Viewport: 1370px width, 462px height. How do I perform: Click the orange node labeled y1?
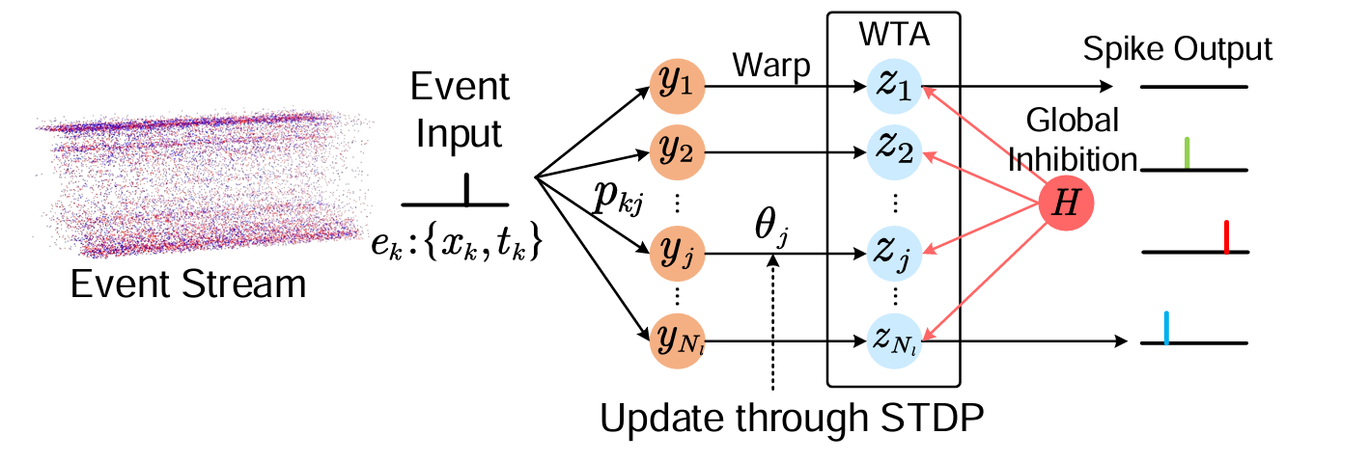point(679,86)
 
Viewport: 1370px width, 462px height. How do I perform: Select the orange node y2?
point(679,152)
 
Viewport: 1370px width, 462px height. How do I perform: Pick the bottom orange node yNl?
point(679,340)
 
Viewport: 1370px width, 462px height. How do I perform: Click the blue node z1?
point(893,86)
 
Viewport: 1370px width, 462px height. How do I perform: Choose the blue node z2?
point(893,152)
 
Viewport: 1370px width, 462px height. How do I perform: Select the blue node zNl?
point(893,340)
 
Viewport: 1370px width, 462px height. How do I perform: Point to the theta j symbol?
point(773,232)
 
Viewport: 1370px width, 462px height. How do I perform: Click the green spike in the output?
point(1187,153)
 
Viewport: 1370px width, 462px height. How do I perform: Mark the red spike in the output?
point(1225,237)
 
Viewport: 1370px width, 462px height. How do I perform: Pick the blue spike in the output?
point(1166,328)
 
